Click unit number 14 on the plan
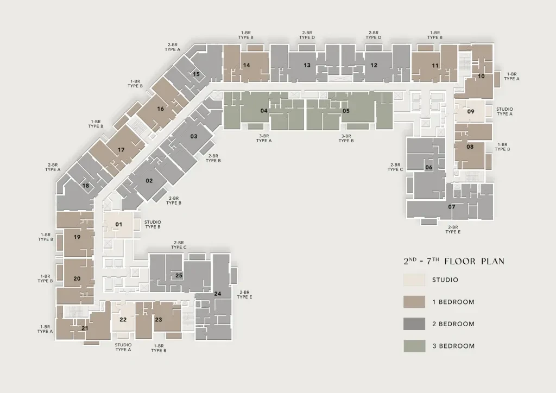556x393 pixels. (x=247, y=65)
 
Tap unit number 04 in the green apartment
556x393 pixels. (x=264, y=111)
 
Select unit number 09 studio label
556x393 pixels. (x=471, y=111)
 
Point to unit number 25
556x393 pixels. (x=179, y=275)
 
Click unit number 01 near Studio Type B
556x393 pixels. (x=119, y=224)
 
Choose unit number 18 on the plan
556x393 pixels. (x=85, y=186)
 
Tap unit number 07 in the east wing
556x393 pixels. (x=451, y=207)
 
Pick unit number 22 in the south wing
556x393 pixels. (x=123, y=320)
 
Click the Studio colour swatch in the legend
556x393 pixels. (x=414, y=280)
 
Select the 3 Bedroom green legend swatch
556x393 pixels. (x=414, y=346)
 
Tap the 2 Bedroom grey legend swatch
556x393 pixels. (x=414, y=324)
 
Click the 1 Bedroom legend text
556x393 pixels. (x=453, y=302)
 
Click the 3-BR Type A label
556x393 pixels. (x=264, y=138)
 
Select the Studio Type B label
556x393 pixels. (x=153, y=224)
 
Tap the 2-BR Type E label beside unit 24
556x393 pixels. (x=244, y=295)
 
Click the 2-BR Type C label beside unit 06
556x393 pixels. (x=395, y=167)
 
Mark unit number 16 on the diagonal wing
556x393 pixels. (x=160, y=109)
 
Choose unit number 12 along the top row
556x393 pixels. (x=374, y=65)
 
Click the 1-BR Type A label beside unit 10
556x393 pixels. (x=511, y=77)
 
